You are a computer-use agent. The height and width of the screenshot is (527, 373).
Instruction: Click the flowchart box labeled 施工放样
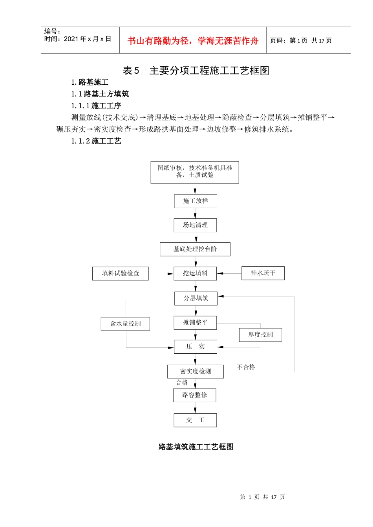(x=196, y=201)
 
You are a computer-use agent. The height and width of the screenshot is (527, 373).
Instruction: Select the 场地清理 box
(x=195, y=225)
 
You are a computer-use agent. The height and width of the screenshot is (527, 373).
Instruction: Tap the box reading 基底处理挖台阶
(x=195, y=249)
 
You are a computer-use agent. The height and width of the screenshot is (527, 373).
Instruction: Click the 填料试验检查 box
(x=121, y=273)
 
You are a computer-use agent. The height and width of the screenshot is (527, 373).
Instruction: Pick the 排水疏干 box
(x=263, y=273)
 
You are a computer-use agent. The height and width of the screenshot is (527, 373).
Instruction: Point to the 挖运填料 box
(x=195, y=273)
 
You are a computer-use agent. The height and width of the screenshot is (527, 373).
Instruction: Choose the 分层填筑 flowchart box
(x=196, y=298)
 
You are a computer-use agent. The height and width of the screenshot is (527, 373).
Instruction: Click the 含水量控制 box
(x=125, y=324)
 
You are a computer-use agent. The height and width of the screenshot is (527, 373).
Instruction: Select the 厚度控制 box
(x=260, y=335)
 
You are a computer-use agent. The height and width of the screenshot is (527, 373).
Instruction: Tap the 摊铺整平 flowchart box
(x=195, y=323)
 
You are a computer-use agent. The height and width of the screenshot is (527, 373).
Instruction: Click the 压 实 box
(x=196, y=347)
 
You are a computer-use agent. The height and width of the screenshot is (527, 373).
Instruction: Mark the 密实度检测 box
(x=196, y=371)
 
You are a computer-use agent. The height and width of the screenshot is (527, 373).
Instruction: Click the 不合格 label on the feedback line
(x=246, y=367)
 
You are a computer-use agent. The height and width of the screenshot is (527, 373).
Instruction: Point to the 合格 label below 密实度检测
(x=182, y=383)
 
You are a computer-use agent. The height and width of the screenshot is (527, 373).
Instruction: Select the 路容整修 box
(x=195, y=395)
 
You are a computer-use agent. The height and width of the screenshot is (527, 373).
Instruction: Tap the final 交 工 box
(x=196, y=420)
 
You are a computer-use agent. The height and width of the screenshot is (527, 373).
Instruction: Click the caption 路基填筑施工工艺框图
(x=196, y=447)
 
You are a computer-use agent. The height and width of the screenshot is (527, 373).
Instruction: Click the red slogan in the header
(x=193, y=41)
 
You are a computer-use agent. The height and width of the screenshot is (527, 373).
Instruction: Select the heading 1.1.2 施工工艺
(x=96, y=141)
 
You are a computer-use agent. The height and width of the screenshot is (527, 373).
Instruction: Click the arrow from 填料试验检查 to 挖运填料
(x=161, y=274)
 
